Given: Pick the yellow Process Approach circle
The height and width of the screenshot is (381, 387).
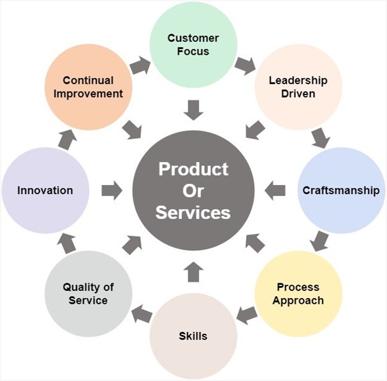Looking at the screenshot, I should pyautogui.click(x=298, y=293).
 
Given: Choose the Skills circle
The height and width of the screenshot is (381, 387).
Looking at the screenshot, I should pyautogui.click(x=193, y=336).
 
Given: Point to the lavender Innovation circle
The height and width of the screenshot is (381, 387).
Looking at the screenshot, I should pyautogui.click(x=45, y=190).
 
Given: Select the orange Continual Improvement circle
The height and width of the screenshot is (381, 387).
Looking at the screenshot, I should pyautogui.click(x=88, y=87).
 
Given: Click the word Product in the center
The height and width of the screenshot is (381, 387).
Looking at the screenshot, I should pyautogui.click(x=193, y=169).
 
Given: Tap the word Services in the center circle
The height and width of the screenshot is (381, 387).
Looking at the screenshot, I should pyautogui.click(x=193, y=212).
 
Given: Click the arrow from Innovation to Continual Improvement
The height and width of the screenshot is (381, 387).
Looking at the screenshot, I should pyautogui.click(x=67, y=137).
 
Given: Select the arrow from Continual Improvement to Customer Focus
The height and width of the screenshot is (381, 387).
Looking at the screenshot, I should pyautogui.click(x=140, y=64).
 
